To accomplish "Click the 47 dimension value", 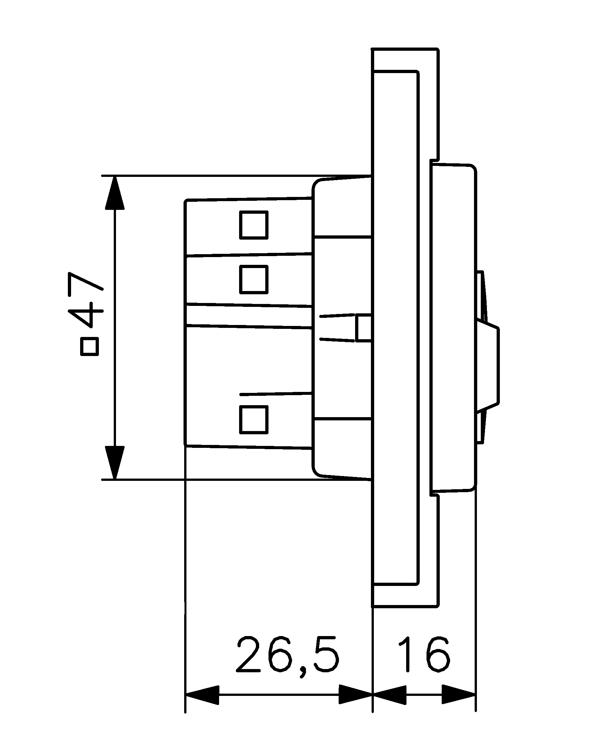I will pyautogui.click(x=86, y=299).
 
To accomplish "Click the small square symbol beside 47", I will pyautogui.click(x=90, y=347).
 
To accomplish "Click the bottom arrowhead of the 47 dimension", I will pyautogui.click(x=115, y=462).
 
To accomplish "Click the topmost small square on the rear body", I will pyautogui.click(x=254, y=225).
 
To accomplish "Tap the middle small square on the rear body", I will pyautogui.click(x=254, y=279).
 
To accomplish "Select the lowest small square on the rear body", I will pyautogui.click(x=254, y=419).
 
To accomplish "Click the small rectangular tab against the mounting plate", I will pyautogui.click(x=363, y=328).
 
